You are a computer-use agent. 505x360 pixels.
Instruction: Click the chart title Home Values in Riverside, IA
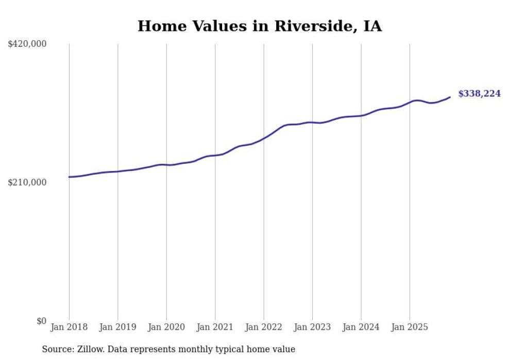tap(260, 26)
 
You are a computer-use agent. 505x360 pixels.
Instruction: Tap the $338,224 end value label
tap(479, 94)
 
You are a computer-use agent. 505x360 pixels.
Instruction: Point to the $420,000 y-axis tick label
tap(27, 44)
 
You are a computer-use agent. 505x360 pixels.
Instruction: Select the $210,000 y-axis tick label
tap(27, 183)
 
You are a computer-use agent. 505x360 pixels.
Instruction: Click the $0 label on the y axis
tap(41, 321)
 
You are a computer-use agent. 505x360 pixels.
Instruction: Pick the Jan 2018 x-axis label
tap(69, 327)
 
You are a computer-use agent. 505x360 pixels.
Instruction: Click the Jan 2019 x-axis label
tap(117, 327)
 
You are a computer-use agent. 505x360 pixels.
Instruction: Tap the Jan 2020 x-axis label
tap(166, 327)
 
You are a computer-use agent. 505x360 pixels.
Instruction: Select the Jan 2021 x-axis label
tap(215, 327)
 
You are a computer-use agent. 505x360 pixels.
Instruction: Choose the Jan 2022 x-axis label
tap(264, 327)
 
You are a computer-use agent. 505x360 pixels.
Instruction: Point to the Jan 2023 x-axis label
tap(312, 327)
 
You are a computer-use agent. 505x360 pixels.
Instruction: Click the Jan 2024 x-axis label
tap(361, 327)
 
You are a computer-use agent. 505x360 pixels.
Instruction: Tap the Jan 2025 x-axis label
tap(410, 327)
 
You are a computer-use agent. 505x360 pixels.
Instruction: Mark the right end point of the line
tap(450, 97)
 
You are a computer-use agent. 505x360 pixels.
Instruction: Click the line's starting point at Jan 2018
tap(69, 177)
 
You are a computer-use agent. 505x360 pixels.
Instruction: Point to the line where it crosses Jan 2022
tap(264, 138)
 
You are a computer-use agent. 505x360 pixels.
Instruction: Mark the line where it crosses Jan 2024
tap(361, 115)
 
